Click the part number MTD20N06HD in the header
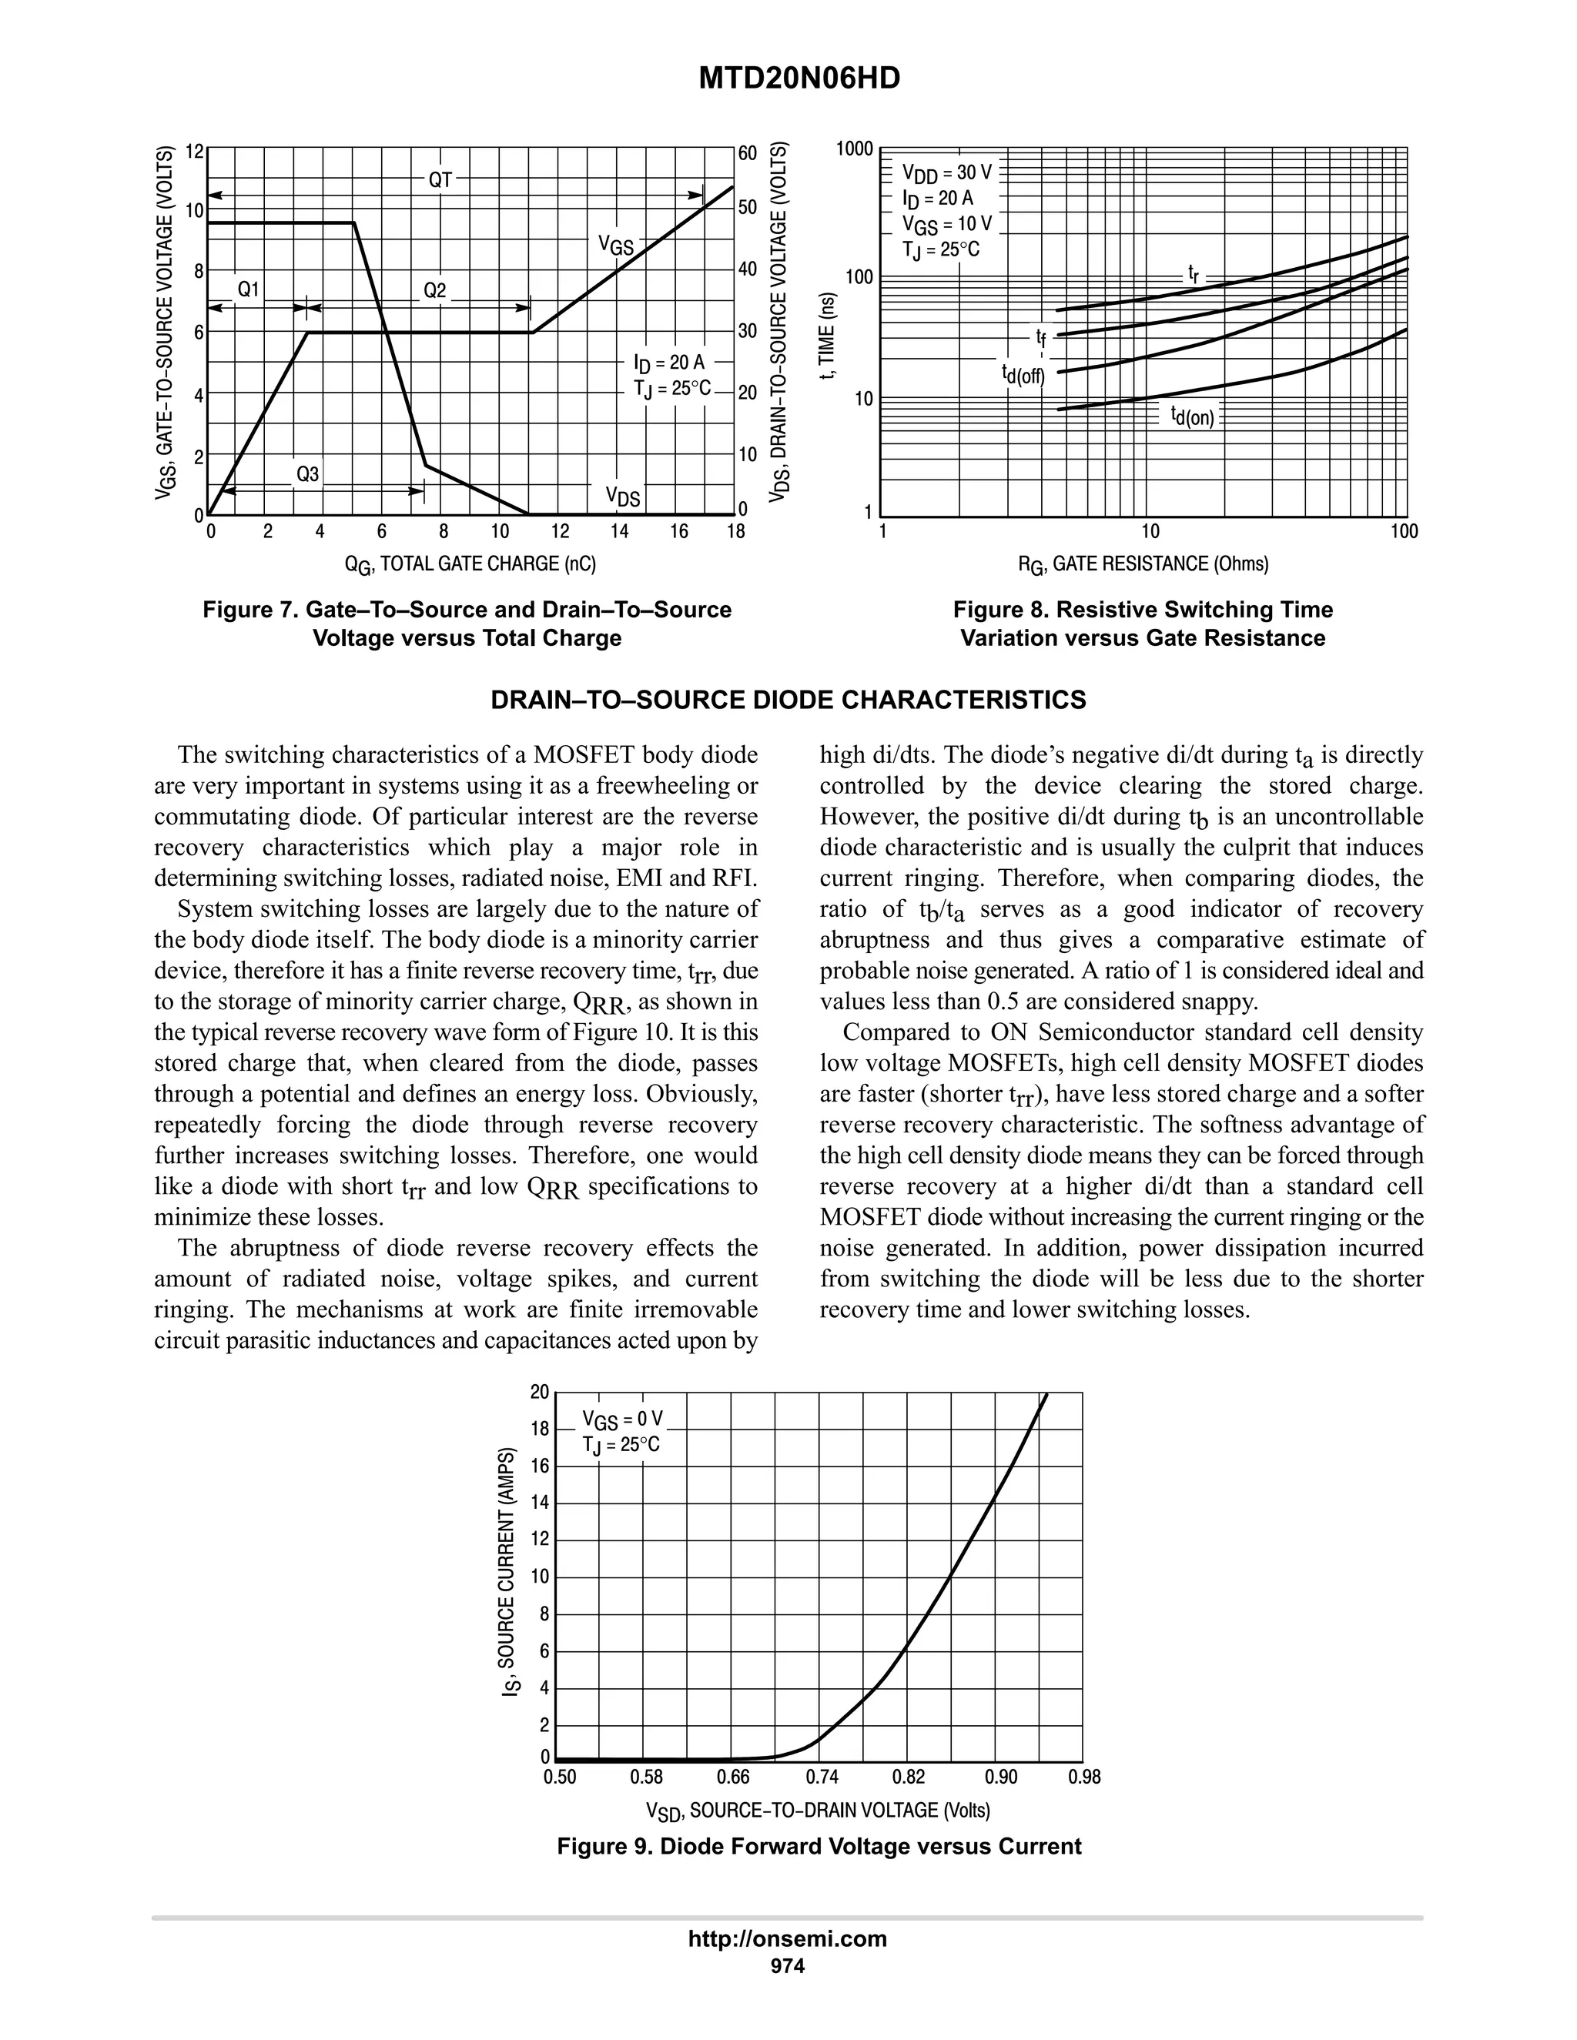[x=800, y=79]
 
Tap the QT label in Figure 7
[x=440, y=180]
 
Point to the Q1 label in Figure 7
[x=248, y=290]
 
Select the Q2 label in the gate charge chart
[x=435, y=290]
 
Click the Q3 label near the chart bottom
[x=307, y=474]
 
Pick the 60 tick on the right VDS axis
[x=748, y=152]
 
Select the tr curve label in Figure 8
[x=1193, y=274]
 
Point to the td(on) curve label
[x=1192, y=416]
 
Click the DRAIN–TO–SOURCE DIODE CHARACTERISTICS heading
[x=788, y=701]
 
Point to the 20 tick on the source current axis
[x=539, y=1393]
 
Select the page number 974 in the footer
[x=787, y=1966]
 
